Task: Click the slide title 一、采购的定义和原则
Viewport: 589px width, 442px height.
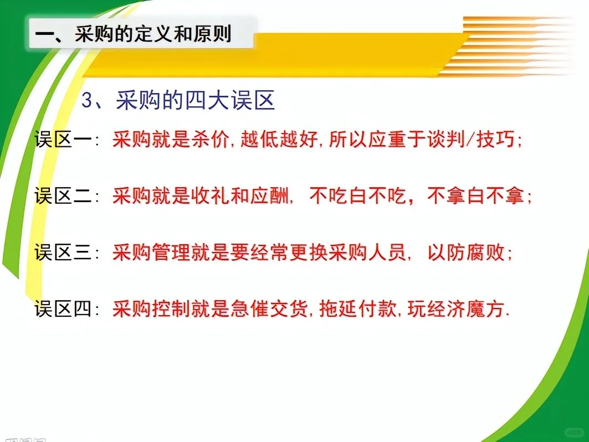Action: pos(133,34)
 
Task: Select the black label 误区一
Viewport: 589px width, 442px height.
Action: pos(63,140)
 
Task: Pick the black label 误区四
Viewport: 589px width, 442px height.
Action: pos(63,309)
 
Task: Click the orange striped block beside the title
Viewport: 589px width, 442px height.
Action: pos(515,44)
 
